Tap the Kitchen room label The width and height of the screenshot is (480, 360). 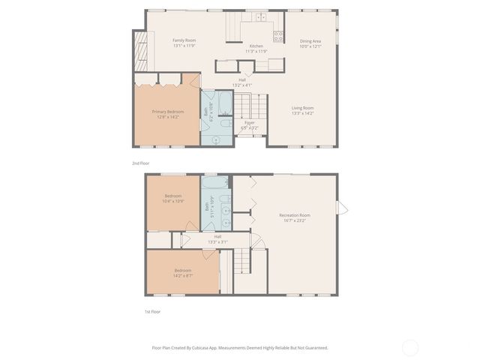256,46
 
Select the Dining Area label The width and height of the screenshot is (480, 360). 310,41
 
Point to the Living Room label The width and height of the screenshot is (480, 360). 302,108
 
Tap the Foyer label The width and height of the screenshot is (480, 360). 249,122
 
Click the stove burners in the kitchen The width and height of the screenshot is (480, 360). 278,34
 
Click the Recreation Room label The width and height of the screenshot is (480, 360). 295,215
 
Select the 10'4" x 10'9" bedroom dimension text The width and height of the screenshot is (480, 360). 173,201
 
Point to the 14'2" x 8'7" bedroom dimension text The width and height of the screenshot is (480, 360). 183,275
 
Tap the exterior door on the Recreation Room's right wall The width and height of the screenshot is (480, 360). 342,207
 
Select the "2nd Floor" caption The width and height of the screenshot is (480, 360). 140,162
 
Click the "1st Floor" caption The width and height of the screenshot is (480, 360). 153,311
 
